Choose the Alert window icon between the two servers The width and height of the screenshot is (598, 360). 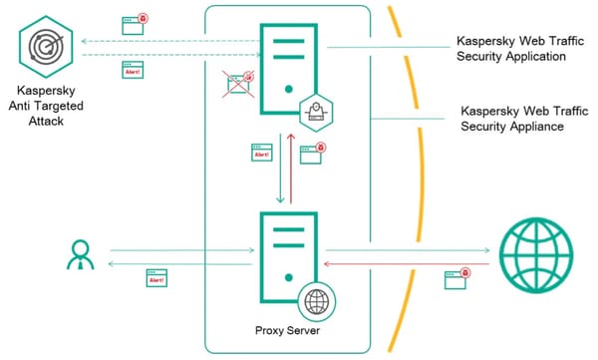pos(262,154)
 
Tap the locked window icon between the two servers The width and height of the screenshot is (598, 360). pos(314,154)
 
